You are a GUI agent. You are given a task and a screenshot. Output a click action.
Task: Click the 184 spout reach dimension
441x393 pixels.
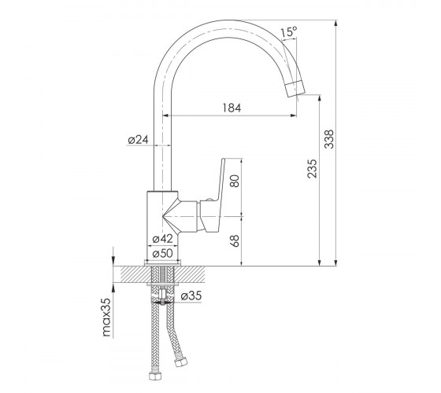232,108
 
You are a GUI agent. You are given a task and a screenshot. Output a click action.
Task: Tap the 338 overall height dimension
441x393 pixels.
329,139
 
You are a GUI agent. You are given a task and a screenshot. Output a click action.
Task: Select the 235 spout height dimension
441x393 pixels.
312,169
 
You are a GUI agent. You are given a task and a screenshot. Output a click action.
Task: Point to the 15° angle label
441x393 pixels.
289,31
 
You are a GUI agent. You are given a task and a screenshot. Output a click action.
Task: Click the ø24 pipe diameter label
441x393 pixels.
138,140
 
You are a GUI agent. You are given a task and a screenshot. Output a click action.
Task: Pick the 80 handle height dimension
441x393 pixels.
235,181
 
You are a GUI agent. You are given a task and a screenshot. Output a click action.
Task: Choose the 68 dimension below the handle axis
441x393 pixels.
235,241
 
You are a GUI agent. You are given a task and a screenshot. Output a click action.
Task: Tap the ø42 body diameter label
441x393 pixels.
162,239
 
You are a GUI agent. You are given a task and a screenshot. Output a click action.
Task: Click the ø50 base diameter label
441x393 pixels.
162,253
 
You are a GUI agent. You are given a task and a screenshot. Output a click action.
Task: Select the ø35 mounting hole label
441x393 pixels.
191,296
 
